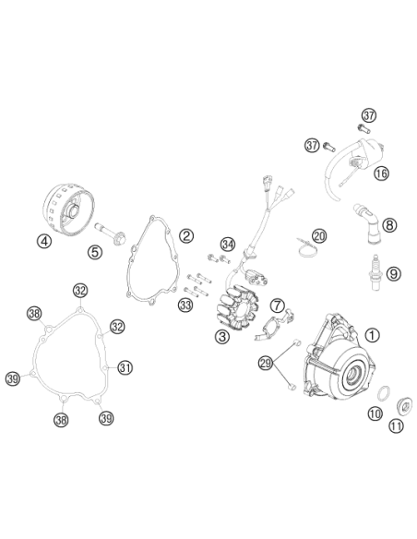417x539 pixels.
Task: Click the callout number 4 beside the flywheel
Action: (x=44, y=241)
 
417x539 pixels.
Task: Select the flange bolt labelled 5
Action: (x=111, y=233)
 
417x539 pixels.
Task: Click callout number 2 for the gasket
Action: (x=186, y=236)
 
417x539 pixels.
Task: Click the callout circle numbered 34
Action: (x=228, y=245)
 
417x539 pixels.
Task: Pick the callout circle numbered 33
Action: (x=185, y=305)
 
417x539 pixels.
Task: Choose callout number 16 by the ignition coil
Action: (x=381, y=173)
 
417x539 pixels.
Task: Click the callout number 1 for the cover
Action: (x=373, y=335)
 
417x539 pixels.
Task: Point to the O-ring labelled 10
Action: (x=384, y=393)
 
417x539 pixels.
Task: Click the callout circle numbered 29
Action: (x=266, y=363)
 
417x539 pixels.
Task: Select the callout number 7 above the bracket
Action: (x=277, y=305)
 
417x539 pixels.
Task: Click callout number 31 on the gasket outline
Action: (x=125, y=368)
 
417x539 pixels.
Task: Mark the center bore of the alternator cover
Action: (x=352, y=375)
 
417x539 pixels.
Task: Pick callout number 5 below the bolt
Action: (x=95, y=252)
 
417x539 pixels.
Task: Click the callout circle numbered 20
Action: (x=319, y=236)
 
